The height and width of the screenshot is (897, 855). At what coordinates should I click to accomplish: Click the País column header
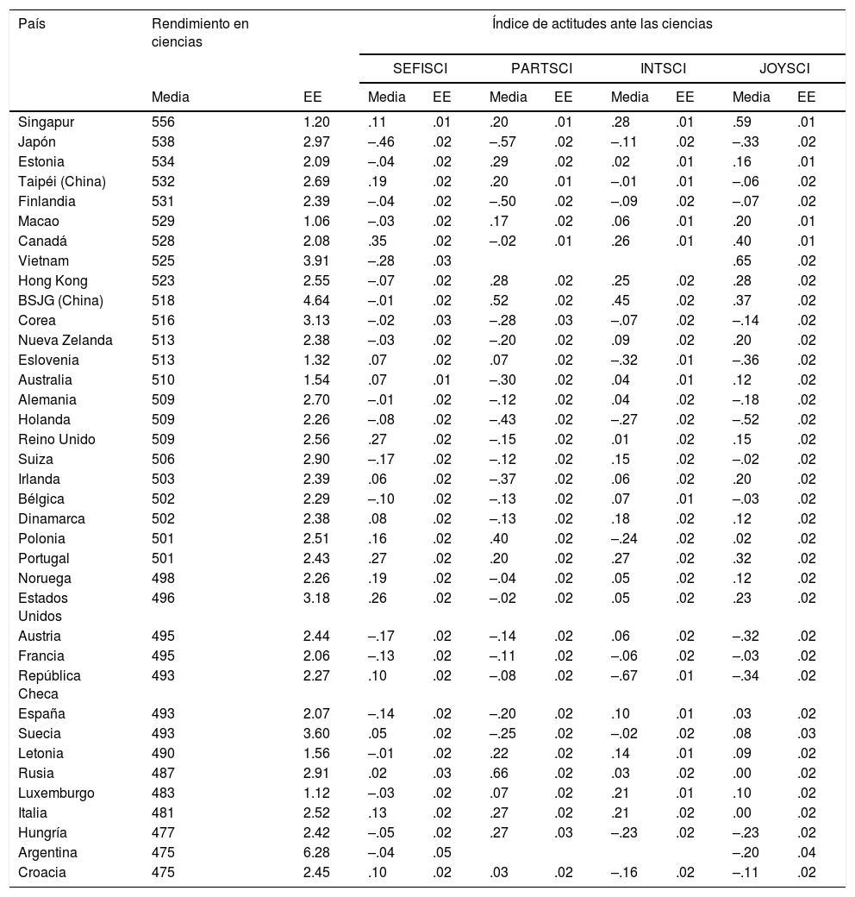coord(32,24)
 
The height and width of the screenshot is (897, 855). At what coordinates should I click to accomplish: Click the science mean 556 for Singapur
coord(163,122)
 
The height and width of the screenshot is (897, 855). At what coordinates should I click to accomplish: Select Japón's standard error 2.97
coord(317,141)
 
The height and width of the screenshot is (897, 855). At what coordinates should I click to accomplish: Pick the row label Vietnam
coord(43,260)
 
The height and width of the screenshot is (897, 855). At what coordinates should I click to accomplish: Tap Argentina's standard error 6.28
coord(317,852)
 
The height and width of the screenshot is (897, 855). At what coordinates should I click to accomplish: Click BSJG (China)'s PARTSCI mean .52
coord(500,300)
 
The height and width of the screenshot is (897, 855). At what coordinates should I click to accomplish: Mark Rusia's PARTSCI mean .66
coord(500,773)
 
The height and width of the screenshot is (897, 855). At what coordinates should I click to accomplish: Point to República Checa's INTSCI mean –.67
coord(624,674)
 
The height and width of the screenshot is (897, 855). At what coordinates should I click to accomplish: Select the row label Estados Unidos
coord(43,607)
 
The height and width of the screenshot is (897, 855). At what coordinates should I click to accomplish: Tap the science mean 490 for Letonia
coord(163,753)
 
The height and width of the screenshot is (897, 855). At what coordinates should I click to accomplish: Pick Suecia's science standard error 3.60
coord(317,733)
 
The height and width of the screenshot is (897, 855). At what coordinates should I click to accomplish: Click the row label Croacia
coord(41,872)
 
